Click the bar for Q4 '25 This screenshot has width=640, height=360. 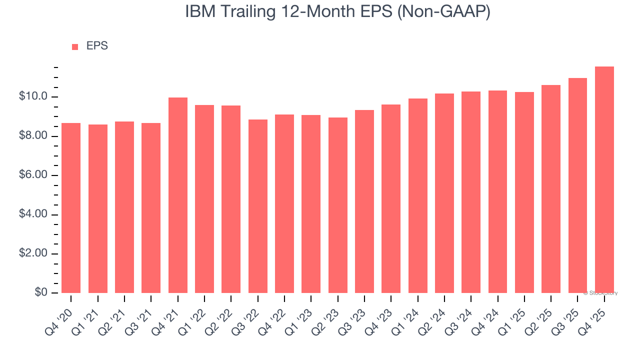(604, 180)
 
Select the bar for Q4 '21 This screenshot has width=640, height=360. (177, 195)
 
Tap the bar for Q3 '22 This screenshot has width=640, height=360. (257, 206)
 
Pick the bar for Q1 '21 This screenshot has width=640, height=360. (97, 208)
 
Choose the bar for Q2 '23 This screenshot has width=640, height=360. (337, 205)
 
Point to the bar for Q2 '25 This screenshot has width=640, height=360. (551, 189)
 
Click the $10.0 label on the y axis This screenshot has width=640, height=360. (33, 96)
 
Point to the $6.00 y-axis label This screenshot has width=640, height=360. (33, 175)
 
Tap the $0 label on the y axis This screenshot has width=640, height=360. (40, 292)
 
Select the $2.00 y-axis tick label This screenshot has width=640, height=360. (33, 253)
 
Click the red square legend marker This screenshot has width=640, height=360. (75, 47)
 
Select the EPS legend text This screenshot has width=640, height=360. (97, 46)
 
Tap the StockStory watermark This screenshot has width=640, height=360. (600, 293)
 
